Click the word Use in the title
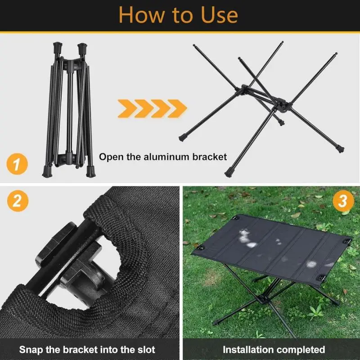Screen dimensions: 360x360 pyautogui.click(x=219, y=15)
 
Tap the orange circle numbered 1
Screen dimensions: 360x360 pyautogui.click(x=17, y=164)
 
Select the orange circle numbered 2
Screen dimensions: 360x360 pyautogui.click(x=18, y=201)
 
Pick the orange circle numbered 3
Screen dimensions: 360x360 pyautogui.click(x=343, y=201)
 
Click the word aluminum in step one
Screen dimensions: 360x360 pyautogui.click(x=167, y=157)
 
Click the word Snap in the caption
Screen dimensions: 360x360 pyautogui.click(x=31, y=350)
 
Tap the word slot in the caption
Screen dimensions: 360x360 pyautogui.click(x=146, y=350)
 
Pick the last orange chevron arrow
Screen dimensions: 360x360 pyautogui.click(x=177, y=108)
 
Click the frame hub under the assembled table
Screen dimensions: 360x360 pyautogui.click(x=264, y=298)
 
